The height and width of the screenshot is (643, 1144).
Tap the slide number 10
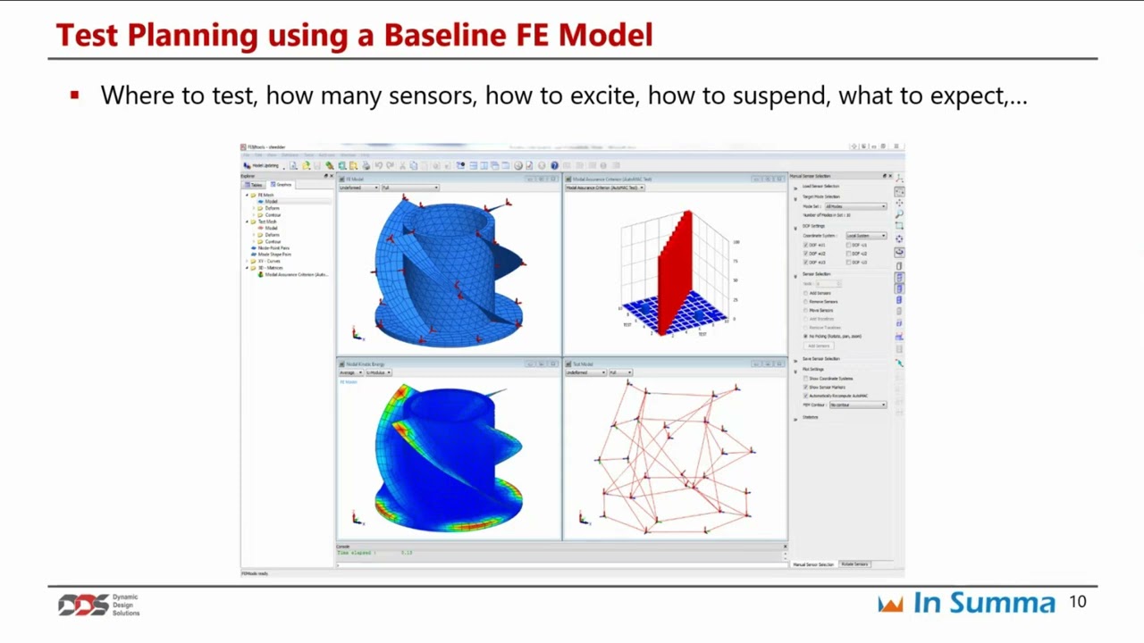tap(1077, 603)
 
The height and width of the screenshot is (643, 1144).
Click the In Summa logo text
tap(983, 603)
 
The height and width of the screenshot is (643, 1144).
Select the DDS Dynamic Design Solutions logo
tap(98, 605)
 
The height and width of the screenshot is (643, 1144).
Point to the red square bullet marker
tap(74, 94)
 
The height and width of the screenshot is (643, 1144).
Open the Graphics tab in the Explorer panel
tap(282, 185)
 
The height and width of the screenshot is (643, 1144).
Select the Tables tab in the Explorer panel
tap(255, 185)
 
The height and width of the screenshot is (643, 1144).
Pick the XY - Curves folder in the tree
tap(270, 261)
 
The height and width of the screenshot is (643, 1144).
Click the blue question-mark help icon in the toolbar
tap(554, 165)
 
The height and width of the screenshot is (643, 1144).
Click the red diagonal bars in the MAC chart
tap(677, 268)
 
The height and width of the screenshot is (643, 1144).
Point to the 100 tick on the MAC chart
tap(736, 242)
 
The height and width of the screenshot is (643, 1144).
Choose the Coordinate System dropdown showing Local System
tap(864, 236)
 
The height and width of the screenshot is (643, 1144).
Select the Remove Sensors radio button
tap(806, 302)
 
